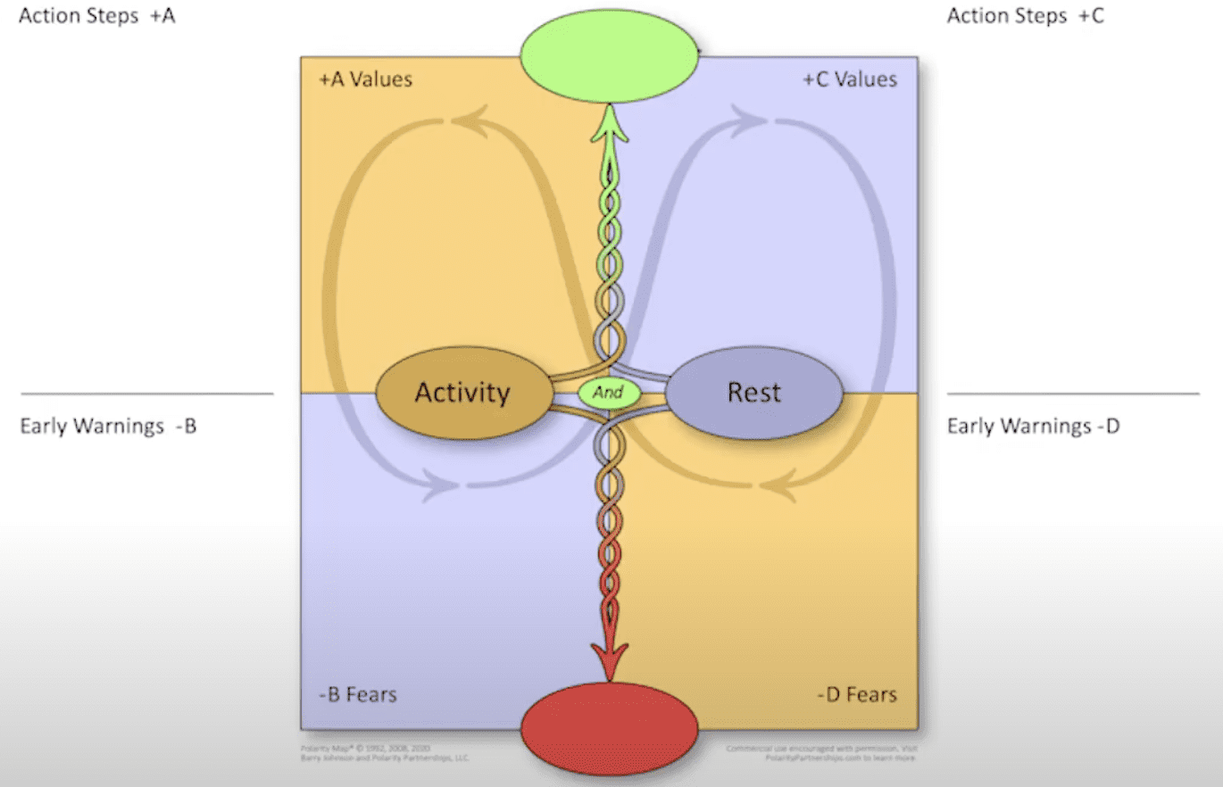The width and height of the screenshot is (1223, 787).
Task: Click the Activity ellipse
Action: (462, 393)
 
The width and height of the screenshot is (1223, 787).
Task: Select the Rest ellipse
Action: (754, 393)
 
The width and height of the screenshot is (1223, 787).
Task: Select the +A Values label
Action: (366, 79)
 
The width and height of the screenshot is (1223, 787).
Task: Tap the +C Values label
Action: (849, 79)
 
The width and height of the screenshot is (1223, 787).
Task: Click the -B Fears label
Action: (357, 694)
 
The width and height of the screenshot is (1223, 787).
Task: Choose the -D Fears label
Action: (857, 694)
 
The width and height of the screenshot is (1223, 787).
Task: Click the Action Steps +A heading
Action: (96, 15)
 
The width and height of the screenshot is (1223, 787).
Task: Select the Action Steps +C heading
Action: (1025, 15)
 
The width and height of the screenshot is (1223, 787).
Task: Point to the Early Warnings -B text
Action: (108, 427)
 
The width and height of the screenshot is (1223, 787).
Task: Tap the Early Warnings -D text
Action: (1033, 427)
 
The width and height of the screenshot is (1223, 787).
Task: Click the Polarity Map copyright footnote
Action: (384, 753)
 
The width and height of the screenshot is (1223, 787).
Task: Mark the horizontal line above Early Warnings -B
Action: (146, 393)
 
